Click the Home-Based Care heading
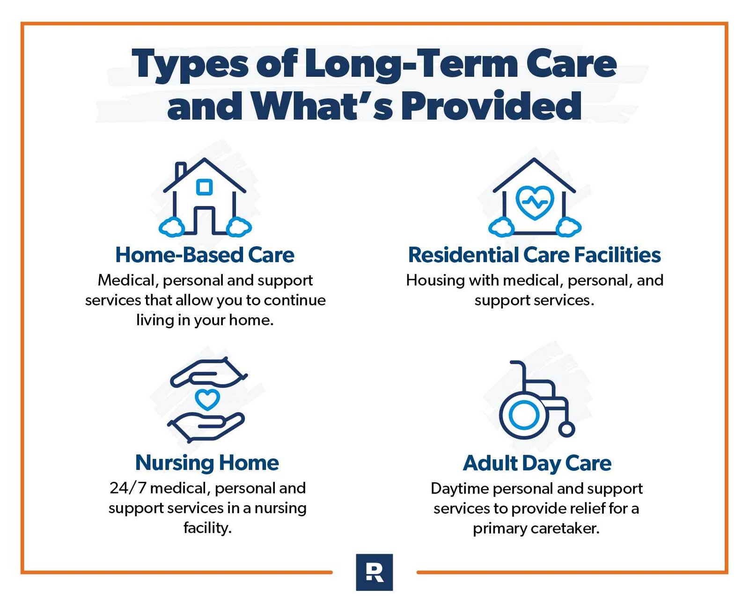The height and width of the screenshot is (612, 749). click(205, 255)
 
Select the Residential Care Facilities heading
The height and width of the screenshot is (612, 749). click(534, 255)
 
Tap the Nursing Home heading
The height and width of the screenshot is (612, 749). click(207, 463)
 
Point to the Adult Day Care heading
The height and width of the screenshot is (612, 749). click(537, 463)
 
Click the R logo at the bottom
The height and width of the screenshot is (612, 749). click(374, 572)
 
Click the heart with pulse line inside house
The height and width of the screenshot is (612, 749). click(535, 202)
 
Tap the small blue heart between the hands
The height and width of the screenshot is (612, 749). click(207, 399)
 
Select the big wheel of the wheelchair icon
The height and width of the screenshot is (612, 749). click(523, 414)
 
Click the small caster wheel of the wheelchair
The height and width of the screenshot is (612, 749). click(566, 429)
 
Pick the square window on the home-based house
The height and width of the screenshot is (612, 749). click(204, 187)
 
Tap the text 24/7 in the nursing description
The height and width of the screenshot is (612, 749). click(127, 488)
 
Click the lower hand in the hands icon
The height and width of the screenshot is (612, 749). click(206, 425)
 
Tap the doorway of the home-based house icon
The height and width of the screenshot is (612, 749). click(204, 221)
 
